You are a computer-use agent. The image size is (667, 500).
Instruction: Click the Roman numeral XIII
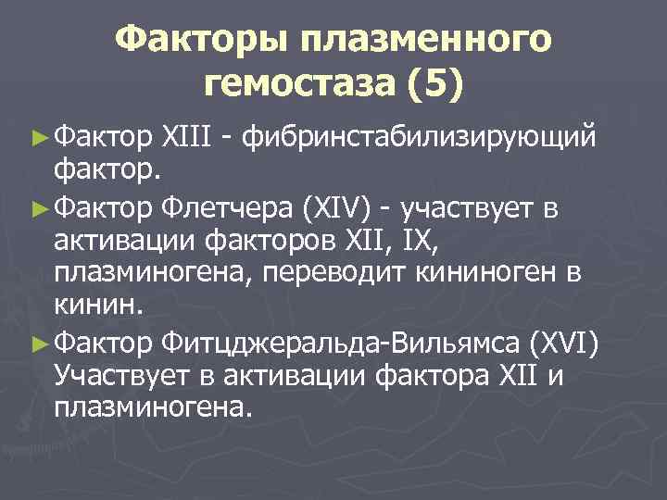click(192, 138)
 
